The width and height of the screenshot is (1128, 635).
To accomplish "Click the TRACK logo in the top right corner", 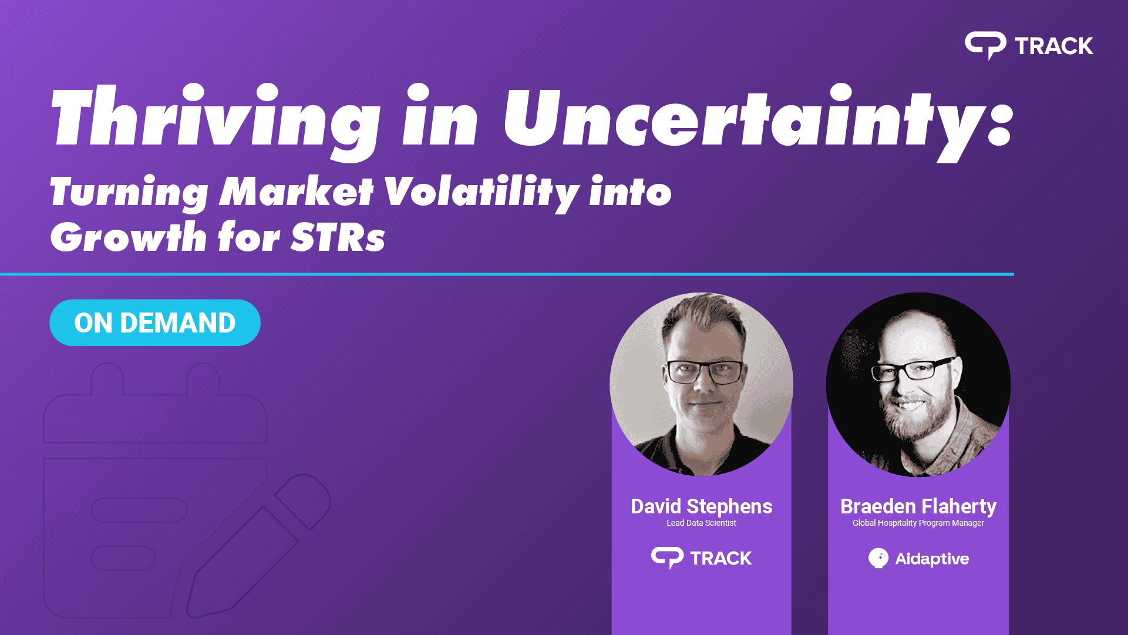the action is tap(1029, 46).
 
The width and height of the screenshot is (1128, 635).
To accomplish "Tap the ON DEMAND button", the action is tap(155, 322).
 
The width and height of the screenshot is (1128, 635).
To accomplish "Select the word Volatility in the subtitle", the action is tap(481, 191).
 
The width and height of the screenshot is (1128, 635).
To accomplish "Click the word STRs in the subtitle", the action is tap(338, 237).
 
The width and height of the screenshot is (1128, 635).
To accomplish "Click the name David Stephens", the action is tap(701, 506).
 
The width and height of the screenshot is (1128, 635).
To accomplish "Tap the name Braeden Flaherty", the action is tap(918, 506).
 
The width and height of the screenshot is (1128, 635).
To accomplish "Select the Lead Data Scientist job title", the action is tap(701, 523).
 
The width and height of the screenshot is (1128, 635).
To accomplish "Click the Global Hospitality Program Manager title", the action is tap(918, 523).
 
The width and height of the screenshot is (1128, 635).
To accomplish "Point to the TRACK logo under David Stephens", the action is tap(701, 558).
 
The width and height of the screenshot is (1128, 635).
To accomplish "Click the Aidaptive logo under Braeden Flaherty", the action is tap(918, 558).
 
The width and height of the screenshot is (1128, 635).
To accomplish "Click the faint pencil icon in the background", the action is tap(258, 546).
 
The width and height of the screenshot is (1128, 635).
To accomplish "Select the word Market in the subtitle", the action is tap(296, 191).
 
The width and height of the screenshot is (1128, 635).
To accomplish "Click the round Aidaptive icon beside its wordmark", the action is tap(878, 558).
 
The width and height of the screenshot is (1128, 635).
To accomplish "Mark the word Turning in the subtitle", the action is tap(129, 193).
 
